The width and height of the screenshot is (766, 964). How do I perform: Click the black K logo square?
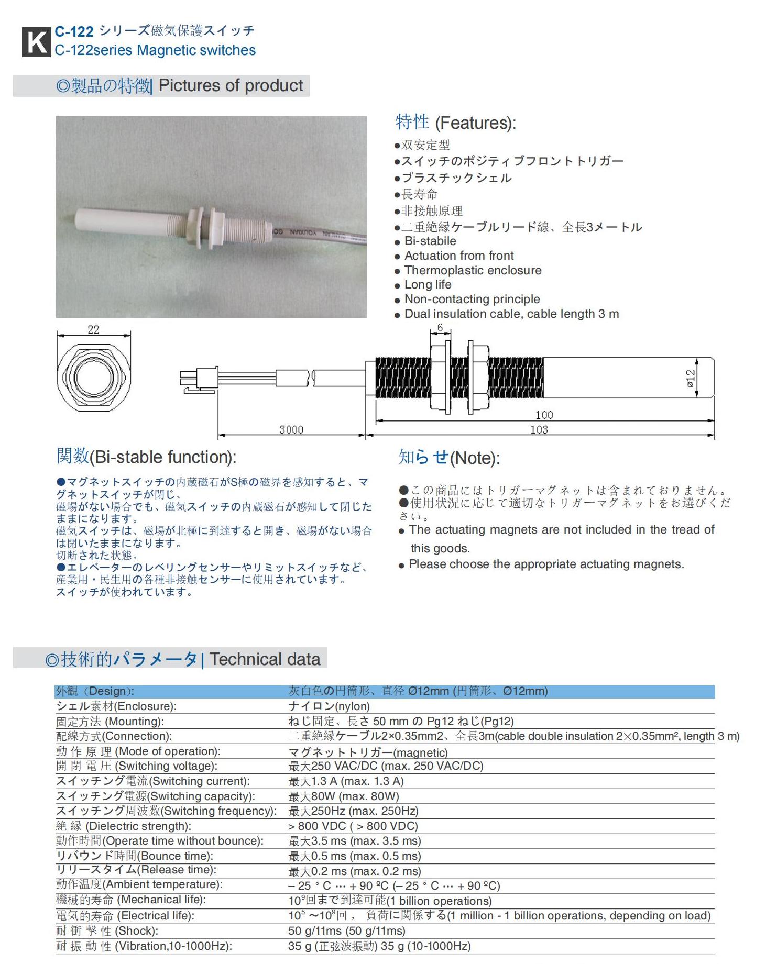pyautogui.click(x=36, y=42)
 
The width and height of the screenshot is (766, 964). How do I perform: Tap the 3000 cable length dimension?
pyautogui.click(x=291, y=429)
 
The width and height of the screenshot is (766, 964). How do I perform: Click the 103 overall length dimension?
pyautogui.click(x=539, y=430)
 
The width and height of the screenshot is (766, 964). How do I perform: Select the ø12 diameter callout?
pyautogui.click(x=691, y=378)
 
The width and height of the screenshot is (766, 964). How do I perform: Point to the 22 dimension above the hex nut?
pyautogui.click(x=93, y=329)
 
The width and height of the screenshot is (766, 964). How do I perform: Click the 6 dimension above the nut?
pyautogui.click(x=440, y=328)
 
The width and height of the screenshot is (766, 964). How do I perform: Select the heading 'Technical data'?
pyautogui.click(x=265, y=659)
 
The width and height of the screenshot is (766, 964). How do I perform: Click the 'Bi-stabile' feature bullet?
pyautogui.click(x=430, y=241)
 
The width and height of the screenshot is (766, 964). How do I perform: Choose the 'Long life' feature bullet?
pyautogui.click(x=428, y=284)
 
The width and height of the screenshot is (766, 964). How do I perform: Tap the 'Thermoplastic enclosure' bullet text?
pyautogui.click(x=473, y=270)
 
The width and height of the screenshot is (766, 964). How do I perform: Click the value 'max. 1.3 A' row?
pyautogui.click(x=346, y=781)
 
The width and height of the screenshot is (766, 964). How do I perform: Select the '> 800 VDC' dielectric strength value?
pyautogui.click(x=353, y=826)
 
